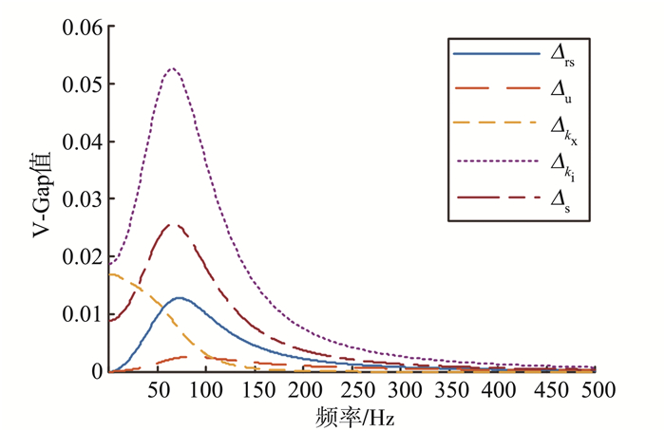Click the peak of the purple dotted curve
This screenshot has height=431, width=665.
click(172, 68)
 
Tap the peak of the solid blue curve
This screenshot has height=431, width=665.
click(178, 298)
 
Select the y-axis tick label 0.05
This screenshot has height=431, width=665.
click(83, 84)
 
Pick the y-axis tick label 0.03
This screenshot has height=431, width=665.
click(83, 199)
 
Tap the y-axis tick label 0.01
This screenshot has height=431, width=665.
click(83, 314)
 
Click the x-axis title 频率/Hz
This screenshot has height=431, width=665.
click(352, 415)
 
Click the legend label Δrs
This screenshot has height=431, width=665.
click(564, 58)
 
